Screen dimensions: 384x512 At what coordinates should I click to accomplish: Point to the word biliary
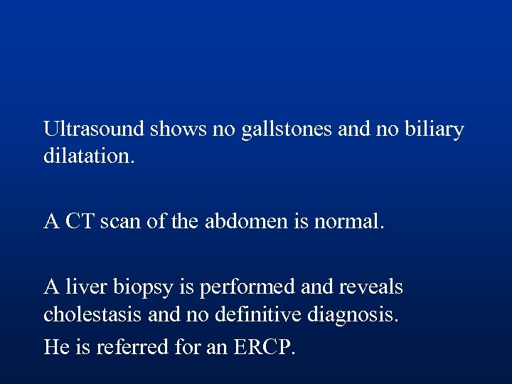tap(433, 131)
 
